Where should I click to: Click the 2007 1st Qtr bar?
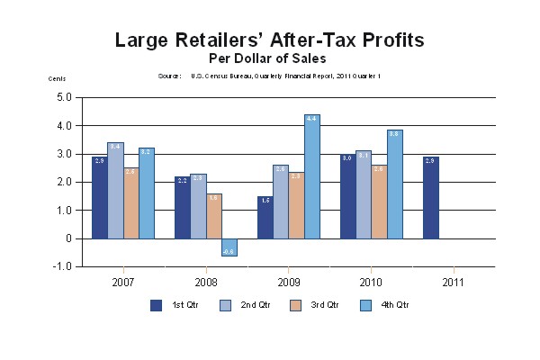100,197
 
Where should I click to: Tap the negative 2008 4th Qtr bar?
229,247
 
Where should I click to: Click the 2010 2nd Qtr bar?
363,194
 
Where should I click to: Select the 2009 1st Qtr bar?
265,217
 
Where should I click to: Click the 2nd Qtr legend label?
256,304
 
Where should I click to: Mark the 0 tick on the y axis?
67,238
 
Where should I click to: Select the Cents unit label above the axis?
57,78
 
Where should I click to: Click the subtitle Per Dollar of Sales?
269,58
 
